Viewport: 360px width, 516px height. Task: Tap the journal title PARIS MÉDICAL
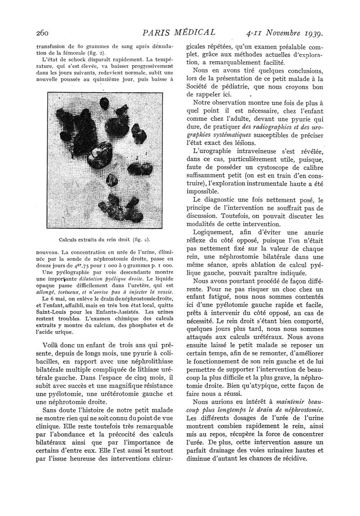click(x=178, y=32)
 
